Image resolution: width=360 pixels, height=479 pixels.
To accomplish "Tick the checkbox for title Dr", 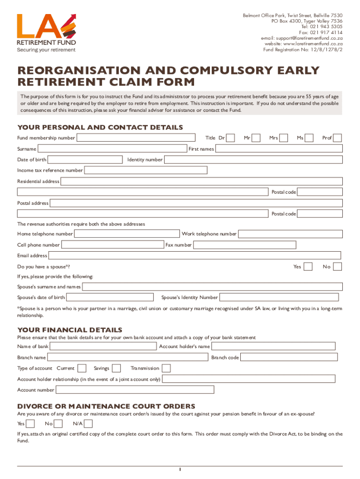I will [230, 138].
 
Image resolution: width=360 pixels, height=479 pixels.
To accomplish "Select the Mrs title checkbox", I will [284, 138].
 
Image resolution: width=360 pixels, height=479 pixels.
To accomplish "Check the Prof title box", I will [337, 138].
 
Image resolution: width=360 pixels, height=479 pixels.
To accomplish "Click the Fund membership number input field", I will [136, 138].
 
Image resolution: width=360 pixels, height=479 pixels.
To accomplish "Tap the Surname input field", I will [112, 149].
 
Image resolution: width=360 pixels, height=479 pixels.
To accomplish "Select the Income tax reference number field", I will [213, 170].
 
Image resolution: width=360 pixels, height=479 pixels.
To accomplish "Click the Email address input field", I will [194, 255].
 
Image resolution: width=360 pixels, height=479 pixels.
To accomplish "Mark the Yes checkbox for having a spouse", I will [308, 267].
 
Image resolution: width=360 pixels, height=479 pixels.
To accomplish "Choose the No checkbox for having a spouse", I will [337, 267].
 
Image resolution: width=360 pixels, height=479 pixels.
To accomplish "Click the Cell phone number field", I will [112, 245].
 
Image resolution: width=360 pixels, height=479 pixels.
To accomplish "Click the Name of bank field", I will [103, 346].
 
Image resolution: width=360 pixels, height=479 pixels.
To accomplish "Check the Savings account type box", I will [116, 368].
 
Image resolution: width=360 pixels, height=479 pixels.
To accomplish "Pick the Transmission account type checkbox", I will [166, 368].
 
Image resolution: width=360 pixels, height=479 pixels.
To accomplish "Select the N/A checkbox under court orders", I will [88, 424].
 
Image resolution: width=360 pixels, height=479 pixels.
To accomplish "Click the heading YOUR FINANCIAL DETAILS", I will [70, 330].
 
